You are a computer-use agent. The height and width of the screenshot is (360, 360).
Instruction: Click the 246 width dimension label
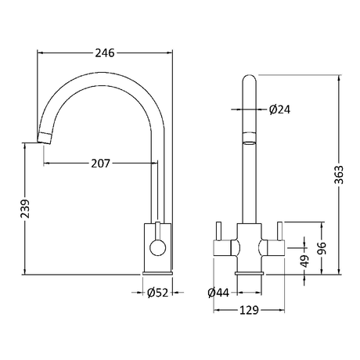pyautogui.click(x=105, y=53)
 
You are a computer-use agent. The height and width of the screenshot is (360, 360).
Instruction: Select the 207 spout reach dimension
pyautogui.click(x=101, y=164)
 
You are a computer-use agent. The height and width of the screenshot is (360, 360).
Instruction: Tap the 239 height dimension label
pyautogui.click(x=25, y=209)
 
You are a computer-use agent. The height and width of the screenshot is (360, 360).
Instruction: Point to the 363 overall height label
pyautogui.click(x=339, y=175)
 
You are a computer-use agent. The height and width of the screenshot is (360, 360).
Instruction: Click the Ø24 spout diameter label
pyautogui.click(x=279, y=110)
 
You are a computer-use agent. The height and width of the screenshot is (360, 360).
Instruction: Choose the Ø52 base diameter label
pyautogui.click(x=157, y=293)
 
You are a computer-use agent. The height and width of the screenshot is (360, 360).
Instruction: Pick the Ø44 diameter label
pyautogui.click(x=218, y=293)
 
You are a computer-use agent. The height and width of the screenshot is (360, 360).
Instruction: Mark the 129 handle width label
pyautogui.click(x=249, y=310)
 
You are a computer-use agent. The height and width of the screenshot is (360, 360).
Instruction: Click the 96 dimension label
pyautogui.click(x=322, y=248)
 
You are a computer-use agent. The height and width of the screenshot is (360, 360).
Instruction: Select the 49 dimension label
pyautogui.click(x=304, y=261)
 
